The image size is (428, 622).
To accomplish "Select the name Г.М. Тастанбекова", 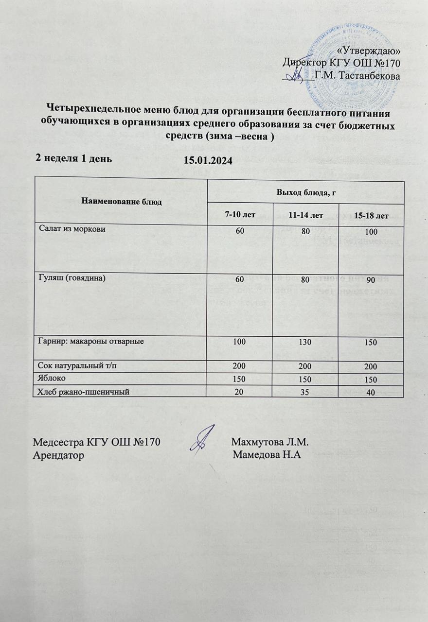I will click(x=357, y=75).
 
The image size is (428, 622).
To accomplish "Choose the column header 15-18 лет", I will click(x=372, y=215).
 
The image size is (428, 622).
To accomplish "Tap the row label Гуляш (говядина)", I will click(x=71, y=278).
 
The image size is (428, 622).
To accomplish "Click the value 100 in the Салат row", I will click(x=372, y=230).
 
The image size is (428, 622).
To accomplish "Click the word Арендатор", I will click(x=57, y=455).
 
